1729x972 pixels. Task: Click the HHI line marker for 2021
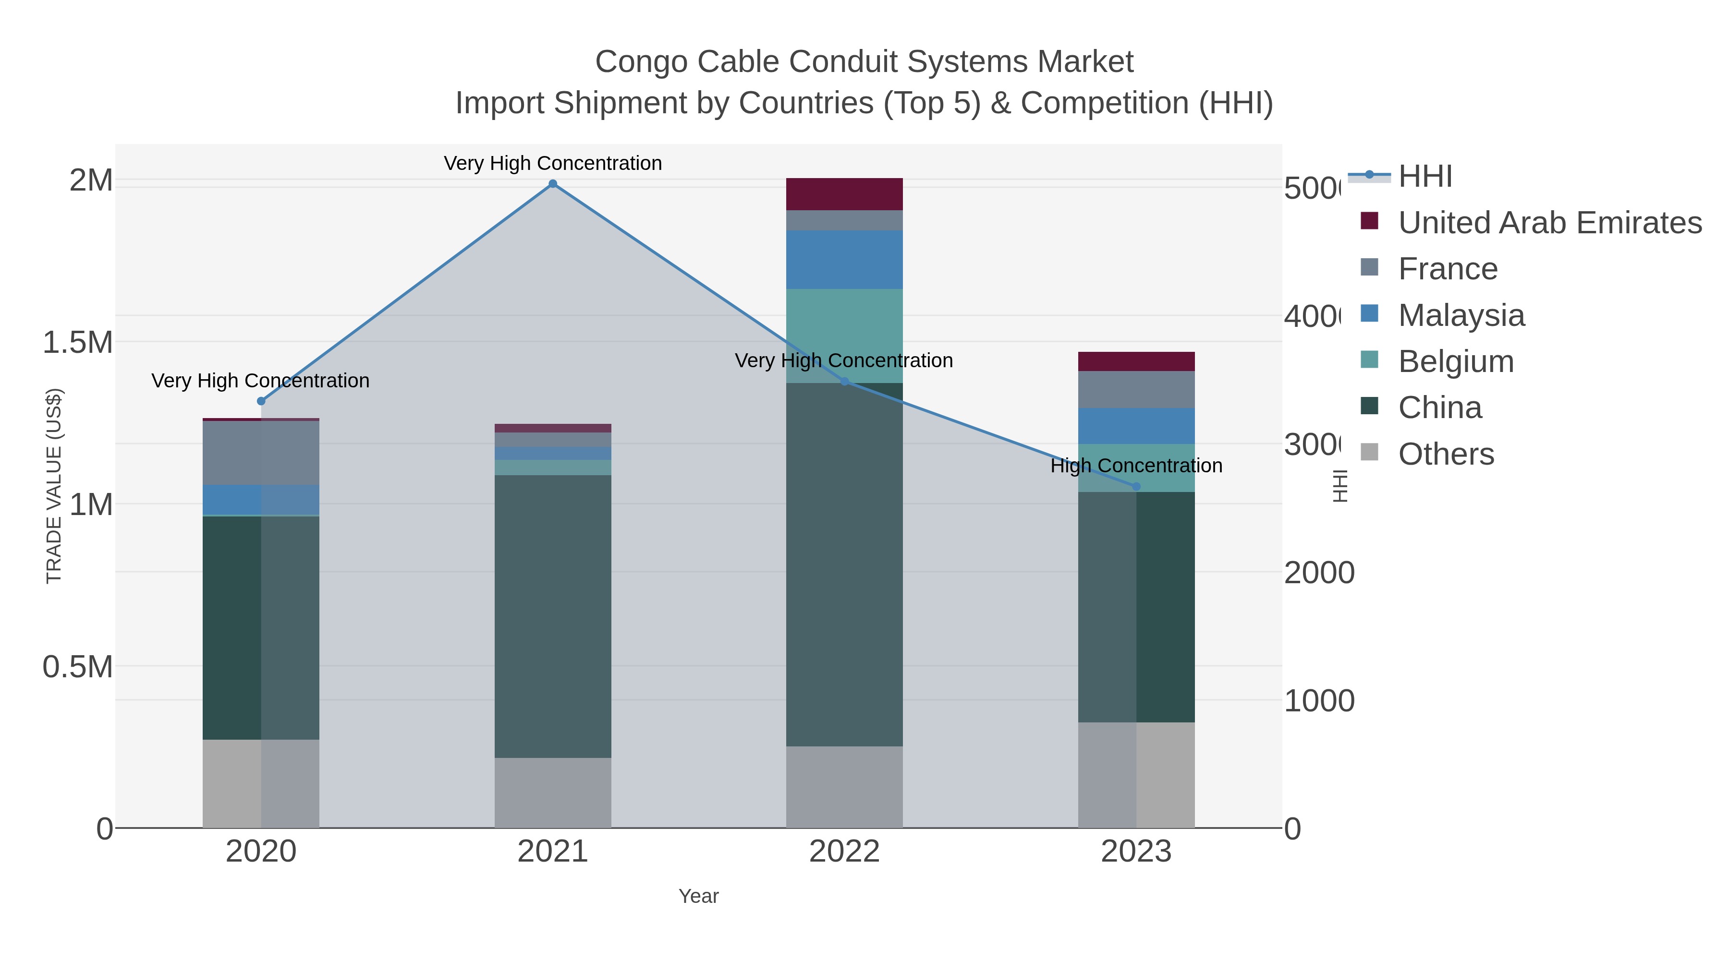(x=552, y=184)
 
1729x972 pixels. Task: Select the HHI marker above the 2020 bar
(x=261, y=401)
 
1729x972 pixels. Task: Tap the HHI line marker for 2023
(x=1136, y=486)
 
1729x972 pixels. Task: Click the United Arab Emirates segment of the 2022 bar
(x=844, y=194)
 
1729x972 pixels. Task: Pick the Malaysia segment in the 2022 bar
(x=844, y=260)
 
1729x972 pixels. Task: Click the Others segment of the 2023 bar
(x=1136, y=774)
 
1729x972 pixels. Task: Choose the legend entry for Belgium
(x=1455, y=361)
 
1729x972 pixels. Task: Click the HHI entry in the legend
(x=1425, y=177)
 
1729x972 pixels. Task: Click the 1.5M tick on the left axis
(x=77, y=343)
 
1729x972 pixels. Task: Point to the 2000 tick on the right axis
(x=1318, y=573)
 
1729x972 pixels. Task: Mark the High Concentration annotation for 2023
(x=1136, y=466)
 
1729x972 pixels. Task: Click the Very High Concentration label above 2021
(x=552, y=163)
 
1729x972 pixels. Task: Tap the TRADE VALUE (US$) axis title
(x=54, y=486)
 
